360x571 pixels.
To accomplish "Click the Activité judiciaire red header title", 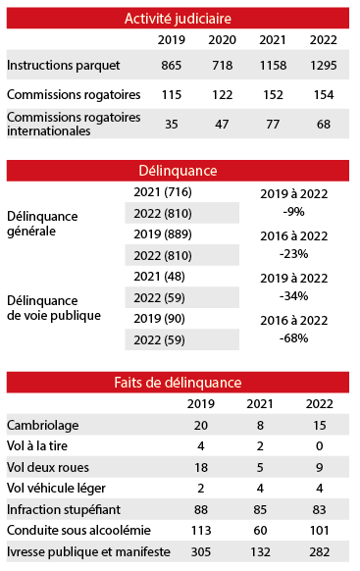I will [x=178, y=17].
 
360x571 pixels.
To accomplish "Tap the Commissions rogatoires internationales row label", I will [x=74, y=124].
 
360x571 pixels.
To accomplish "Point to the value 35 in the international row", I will [x=173, y=125].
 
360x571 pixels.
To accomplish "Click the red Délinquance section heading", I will [x=178, y=171].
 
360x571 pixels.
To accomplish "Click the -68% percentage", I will [x=294, y=338].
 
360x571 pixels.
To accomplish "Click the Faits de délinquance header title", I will [x=178, y=383].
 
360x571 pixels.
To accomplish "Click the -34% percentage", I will [x=294, y=295].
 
